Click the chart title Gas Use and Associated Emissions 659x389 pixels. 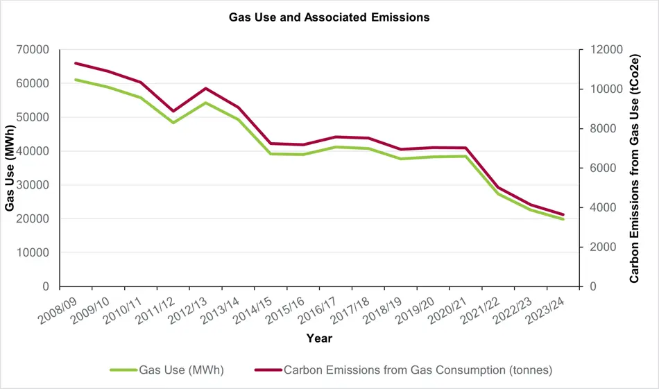point(329,17)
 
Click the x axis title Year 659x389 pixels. point(319,339)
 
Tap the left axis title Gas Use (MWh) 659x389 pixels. point(10,168)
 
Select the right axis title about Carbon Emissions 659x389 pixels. point(634,168)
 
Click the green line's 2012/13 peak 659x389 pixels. point(206,103)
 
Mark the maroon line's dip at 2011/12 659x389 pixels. point(173,111)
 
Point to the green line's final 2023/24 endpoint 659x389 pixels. point(563,219)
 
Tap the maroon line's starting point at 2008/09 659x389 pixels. point(76,63)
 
